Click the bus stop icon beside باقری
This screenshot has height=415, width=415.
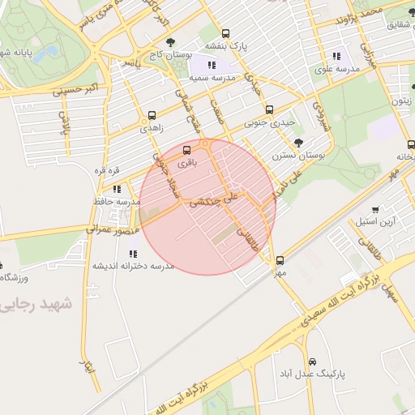click(x=187, y=150)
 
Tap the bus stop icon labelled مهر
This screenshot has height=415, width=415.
click(x=280, y=260)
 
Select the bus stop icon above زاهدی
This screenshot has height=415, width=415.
click(x=152, y=116)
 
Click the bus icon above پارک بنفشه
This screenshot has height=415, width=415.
click(x=225, y=34)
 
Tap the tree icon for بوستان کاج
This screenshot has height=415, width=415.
click(x=169, y=42)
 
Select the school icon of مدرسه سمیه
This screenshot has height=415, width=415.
click(x=212, y=65)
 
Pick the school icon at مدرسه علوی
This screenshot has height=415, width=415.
click(x=336, y=57)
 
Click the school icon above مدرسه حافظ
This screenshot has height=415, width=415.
click(x=118, y=189)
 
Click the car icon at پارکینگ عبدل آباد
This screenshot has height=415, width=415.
click(x=312, y=362)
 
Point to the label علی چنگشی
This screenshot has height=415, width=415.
click(x=213, y=200)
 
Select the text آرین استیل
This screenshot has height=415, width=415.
click(x=374, y=221)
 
